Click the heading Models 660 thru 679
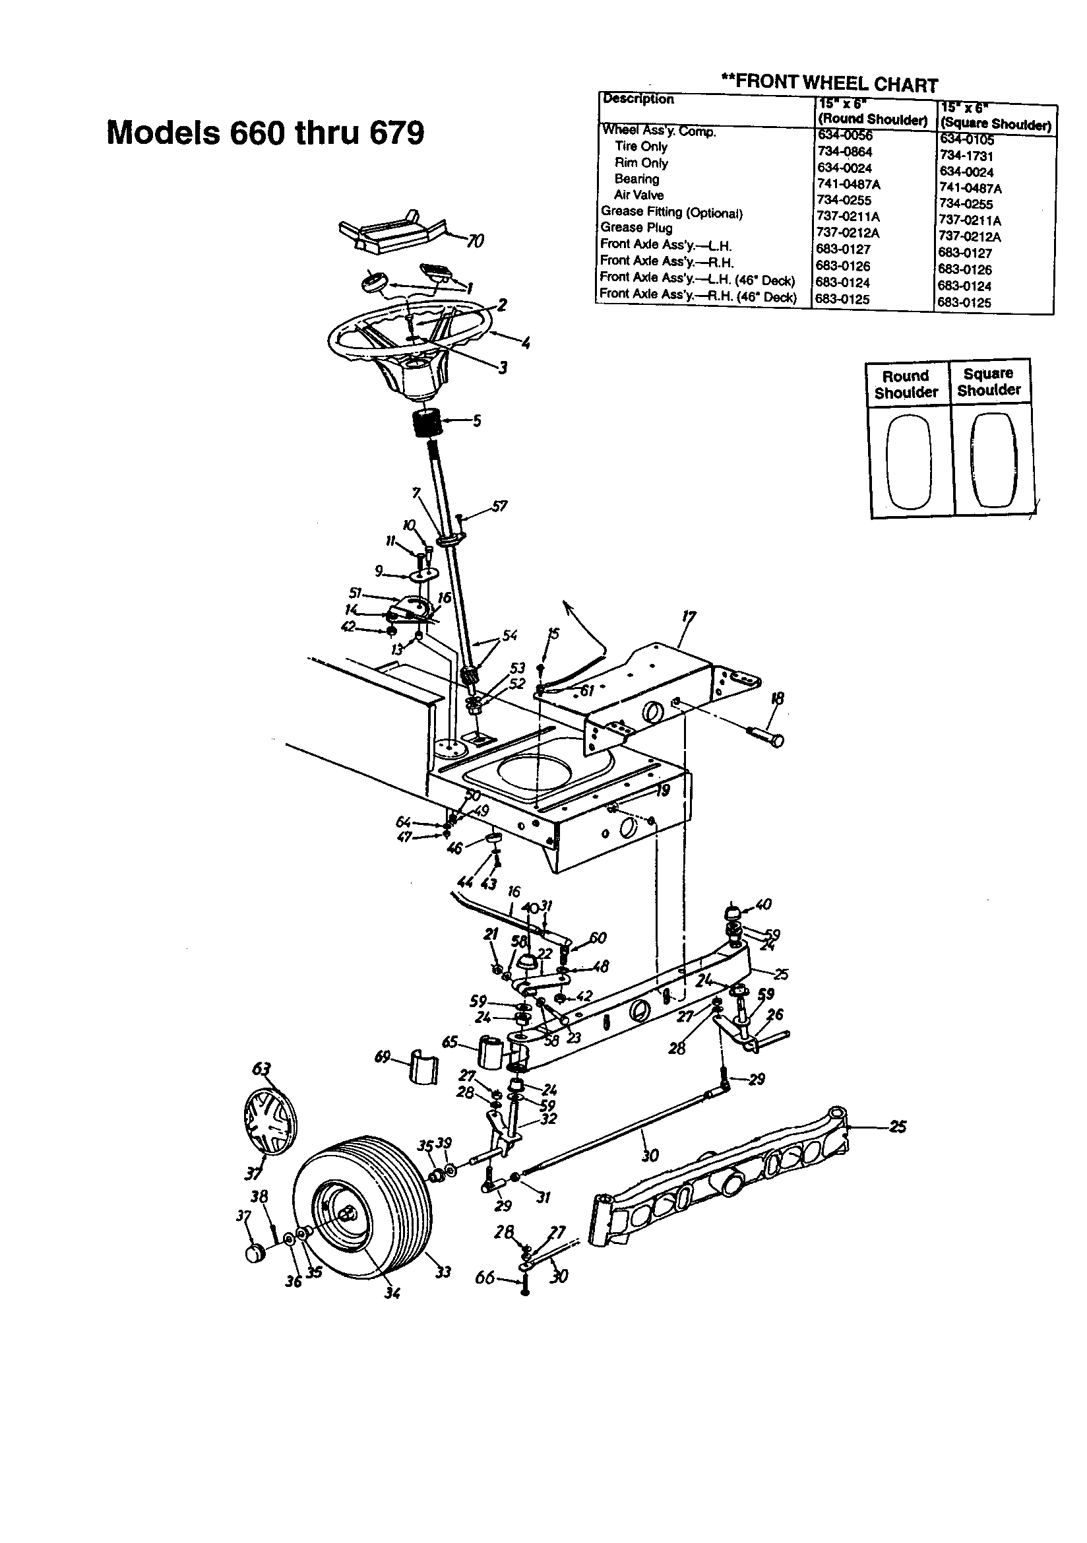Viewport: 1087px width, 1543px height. click(265, 133)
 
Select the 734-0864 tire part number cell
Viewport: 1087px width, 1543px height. click(844, 152)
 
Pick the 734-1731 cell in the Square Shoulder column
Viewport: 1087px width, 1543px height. click(966, 156)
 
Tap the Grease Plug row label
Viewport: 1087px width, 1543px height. click(636, 228)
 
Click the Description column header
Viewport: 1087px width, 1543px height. click(638, 100)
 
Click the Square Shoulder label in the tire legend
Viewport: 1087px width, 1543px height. click(988, 381)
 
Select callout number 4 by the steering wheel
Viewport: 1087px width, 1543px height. click(525, 344)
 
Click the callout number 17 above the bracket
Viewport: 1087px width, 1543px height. click(689, 617)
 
